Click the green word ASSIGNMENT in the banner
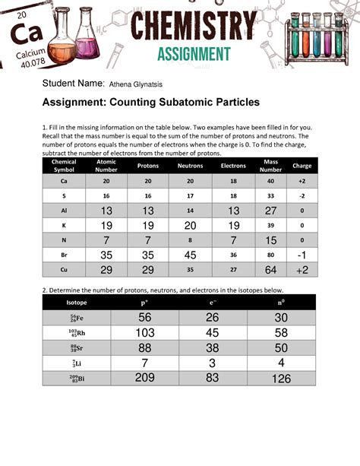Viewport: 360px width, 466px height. click(x=194, y=54)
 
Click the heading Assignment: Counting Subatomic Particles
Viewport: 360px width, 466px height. click(x=151, y=102)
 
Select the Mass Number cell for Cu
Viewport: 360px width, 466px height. click(x=271, y=270)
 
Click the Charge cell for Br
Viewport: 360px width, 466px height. click(x=302, y=255)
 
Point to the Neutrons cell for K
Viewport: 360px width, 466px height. click(x=190, y=226)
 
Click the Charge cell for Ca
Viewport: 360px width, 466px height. click(x=302, y=182)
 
